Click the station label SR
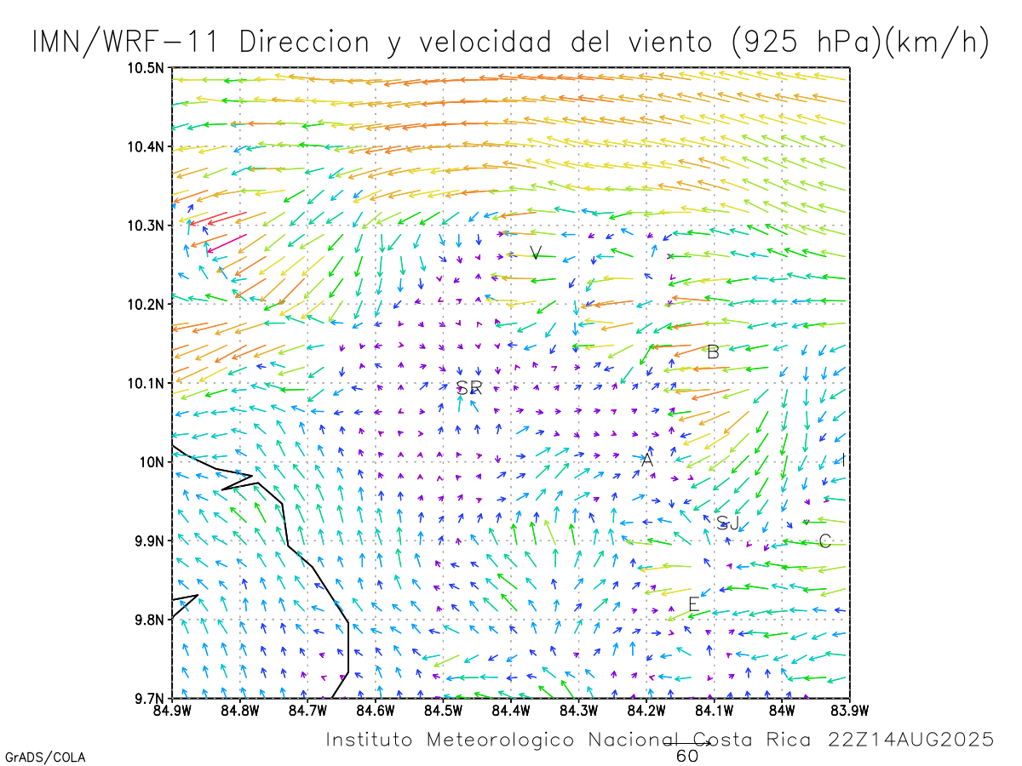click(469, 388)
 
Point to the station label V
click(535, 253)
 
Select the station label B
click(714, 352)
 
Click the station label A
click(647, 460)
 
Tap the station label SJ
click(728, 523)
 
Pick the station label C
click(824, 541)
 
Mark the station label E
click(693, 604)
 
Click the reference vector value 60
click(687, 756)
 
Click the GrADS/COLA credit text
click(45, 757)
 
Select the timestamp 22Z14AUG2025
click(910, 740)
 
